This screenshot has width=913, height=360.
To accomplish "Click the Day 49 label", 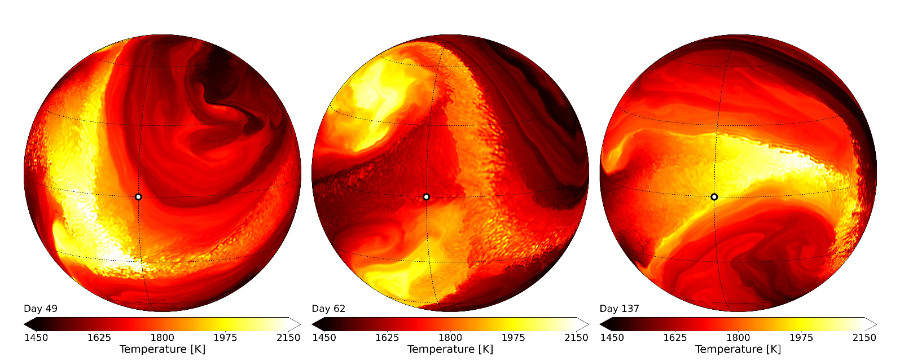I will (41, 309).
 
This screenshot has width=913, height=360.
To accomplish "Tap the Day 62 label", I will (328, 309).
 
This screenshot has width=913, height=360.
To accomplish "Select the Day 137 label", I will (620, 309).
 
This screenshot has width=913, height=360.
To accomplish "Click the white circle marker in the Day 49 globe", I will (138, 197).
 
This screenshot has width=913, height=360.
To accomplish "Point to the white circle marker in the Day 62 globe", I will (427, 197).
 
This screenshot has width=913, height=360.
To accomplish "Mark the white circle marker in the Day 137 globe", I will (714, 197).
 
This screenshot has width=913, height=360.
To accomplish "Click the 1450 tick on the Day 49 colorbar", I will (36, 337).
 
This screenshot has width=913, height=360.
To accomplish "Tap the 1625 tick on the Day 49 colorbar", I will (99, 337).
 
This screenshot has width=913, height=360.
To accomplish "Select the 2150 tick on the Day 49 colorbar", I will (288, 337).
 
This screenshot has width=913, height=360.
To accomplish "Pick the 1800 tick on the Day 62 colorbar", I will (450, 337).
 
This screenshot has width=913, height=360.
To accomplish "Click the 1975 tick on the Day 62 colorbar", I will (513, 337).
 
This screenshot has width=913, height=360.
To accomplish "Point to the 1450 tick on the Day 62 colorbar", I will (324, 337).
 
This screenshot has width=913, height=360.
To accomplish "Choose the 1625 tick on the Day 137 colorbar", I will (675, 337).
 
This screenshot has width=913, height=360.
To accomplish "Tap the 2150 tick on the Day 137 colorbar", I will (864, 337).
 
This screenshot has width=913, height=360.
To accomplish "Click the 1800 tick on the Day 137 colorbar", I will (738, 337).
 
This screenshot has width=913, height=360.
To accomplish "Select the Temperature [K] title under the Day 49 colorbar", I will (163, 349).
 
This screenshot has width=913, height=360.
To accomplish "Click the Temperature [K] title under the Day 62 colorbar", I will (450, 349).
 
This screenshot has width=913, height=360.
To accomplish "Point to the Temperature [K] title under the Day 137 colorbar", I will (738, 349).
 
